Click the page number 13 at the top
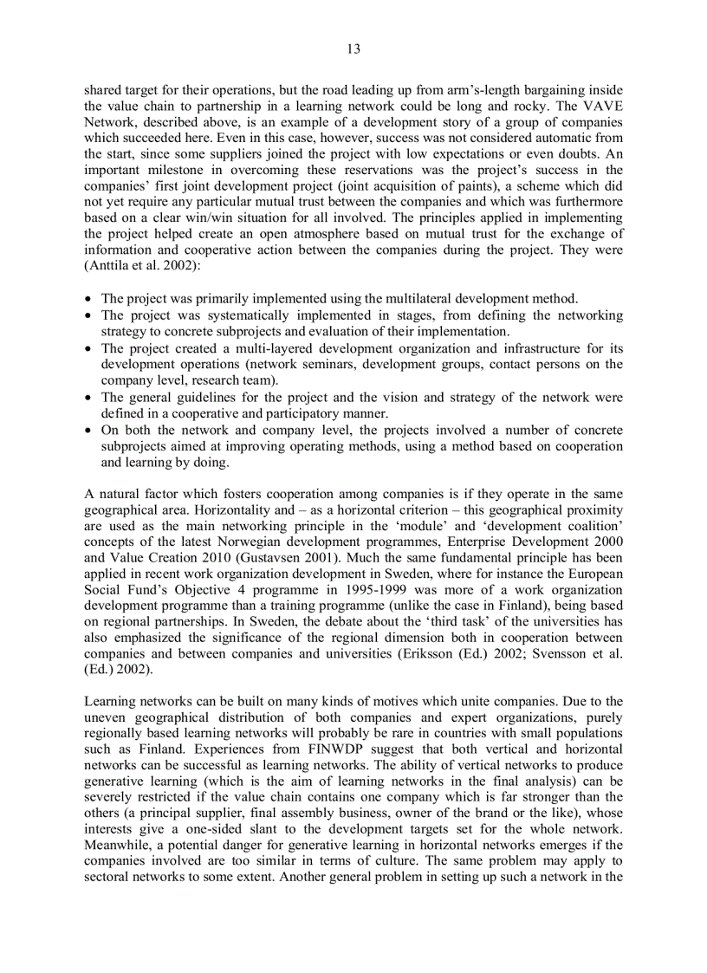[353, 49]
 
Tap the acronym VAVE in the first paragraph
[601, 107]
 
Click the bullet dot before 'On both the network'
[90, 431]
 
